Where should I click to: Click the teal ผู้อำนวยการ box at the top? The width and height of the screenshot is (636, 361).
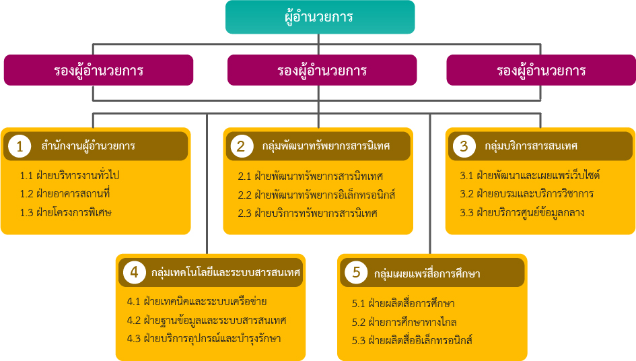tap(320, 17)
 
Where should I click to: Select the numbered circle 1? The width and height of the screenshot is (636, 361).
tap(20, 146)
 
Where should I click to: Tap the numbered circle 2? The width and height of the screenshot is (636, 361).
tap(242, 146)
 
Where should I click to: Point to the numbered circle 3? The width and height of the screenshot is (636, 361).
tap(464, 146)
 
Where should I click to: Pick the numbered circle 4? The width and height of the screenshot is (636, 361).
tap(134, 272)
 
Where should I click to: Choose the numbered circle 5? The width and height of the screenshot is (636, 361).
tap(356, 272)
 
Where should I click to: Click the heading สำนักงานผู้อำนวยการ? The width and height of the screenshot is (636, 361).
tap(88, 145)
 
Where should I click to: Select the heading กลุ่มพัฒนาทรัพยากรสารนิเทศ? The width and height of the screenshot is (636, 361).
tap(326, 145)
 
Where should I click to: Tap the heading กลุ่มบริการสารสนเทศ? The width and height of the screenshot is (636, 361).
tap(531, 145)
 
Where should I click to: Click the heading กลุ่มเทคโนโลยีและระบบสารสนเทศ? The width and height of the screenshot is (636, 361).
tap(225, 272)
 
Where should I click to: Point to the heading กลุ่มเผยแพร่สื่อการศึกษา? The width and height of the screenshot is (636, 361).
tap(427, 273)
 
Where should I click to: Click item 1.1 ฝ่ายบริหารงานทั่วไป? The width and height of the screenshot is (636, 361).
tap(69, 175)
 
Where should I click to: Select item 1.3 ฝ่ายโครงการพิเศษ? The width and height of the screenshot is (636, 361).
tap(66, 212)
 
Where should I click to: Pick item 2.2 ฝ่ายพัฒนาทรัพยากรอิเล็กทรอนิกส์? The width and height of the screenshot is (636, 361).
tap(316, 195)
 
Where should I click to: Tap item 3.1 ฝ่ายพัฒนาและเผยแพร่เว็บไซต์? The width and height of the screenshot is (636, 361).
tap(530, 175)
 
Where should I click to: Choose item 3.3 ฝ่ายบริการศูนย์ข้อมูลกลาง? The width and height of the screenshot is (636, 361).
tap(522, 212)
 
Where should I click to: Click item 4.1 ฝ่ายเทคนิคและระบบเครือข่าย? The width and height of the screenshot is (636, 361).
tap(197, 301)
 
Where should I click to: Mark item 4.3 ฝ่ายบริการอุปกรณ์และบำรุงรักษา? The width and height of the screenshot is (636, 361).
tap(204, 338)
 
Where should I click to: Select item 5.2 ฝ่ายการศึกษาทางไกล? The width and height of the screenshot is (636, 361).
tap(404, 322)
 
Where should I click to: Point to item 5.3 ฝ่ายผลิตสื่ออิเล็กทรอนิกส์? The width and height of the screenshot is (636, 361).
tap(412, 340)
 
